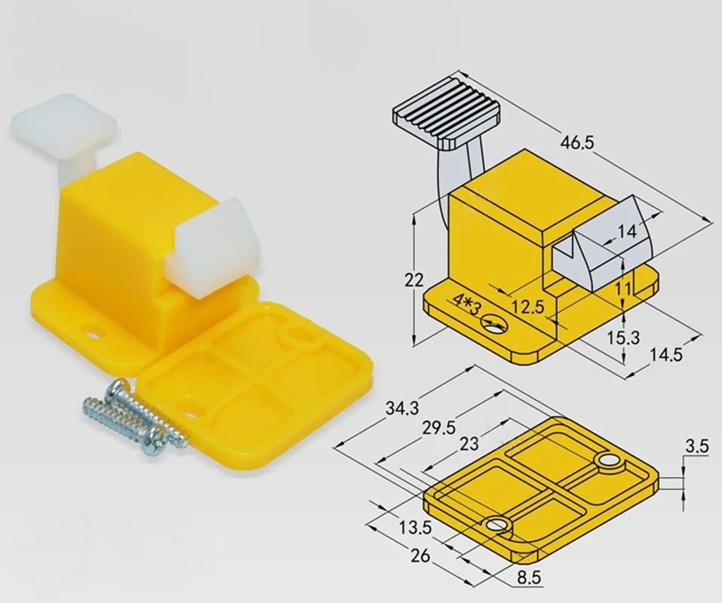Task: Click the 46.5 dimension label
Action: click(577, 142)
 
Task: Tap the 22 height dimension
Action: click(414, 280)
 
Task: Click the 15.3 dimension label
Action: click(623, 338)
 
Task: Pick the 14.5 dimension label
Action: click(666, 354)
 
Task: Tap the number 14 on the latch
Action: click(626, 232)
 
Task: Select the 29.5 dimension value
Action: click(439, 428)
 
